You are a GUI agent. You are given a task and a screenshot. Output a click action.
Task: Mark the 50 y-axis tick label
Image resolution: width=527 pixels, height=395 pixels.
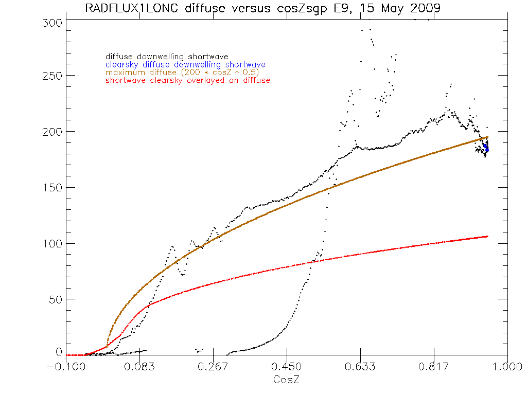click(58, 299)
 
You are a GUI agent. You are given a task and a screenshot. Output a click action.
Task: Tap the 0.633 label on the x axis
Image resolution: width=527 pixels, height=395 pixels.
click(361, 367)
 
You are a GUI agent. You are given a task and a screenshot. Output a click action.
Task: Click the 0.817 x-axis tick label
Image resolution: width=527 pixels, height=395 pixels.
click(434, 367)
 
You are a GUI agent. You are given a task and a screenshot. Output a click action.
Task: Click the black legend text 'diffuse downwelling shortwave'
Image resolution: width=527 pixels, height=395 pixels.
click(167, 57)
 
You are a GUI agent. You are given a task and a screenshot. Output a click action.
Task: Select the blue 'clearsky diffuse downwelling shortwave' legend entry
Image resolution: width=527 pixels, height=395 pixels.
click(185, 65)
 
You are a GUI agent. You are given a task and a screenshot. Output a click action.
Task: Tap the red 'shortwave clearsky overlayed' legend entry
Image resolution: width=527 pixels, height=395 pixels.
click(187, 80)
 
